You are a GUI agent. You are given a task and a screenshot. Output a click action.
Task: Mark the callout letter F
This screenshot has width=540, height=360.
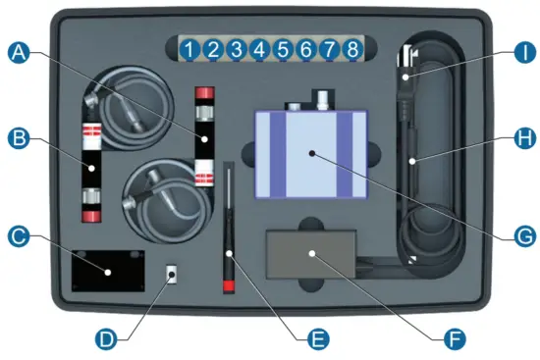453,339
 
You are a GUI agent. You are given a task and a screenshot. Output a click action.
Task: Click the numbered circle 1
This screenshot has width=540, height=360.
190,48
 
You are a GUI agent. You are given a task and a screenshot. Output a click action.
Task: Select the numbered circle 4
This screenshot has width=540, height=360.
258,48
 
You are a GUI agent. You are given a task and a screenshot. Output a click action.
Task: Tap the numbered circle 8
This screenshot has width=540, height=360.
351,48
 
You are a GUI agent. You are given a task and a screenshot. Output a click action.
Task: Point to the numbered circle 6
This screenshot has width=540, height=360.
305,48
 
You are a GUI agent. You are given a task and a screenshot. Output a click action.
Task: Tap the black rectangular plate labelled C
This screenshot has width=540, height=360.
108,266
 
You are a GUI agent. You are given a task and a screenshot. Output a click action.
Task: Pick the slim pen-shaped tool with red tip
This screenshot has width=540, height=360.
229,226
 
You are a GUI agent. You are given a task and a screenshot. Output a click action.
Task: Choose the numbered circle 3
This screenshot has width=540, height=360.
236,48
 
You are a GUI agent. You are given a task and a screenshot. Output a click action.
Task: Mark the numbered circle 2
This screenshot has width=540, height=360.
213,48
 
